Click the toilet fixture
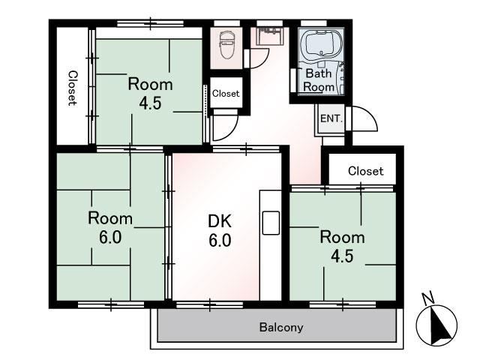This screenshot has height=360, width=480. click(x=226, y=46)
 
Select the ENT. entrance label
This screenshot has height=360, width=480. click(x=331, y=118)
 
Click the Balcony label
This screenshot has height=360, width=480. click(x=281, y=327)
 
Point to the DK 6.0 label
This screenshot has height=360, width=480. click(x=220, y=230)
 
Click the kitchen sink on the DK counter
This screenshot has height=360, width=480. click(x=271, y=223)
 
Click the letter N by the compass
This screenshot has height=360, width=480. click(x=427, y=298)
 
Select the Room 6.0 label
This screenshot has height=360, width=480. click(x=110, y=228)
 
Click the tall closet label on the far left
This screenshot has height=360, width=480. click(x=73, y=88)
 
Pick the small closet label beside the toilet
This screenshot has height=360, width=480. click(x=226, y=93)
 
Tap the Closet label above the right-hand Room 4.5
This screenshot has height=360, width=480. click(x=365, y=171)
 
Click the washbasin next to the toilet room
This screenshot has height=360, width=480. click(x=269, y=37)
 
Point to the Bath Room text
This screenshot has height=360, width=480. click(x=319, y=80)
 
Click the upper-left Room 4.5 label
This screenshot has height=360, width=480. click(x=150, y=93)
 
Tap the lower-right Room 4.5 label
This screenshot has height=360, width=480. click(x=342, y=247)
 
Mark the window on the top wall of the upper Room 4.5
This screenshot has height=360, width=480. click(x=150, y=23)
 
